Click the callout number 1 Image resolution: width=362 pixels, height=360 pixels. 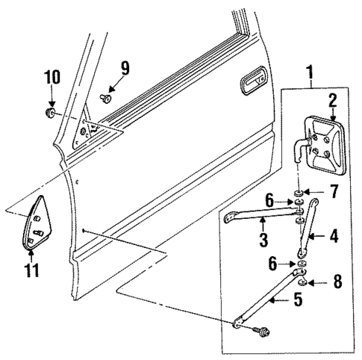coord(310,74)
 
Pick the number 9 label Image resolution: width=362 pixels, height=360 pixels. coord(125,69)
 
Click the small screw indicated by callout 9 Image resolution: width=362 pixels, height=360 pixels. coord(106,96)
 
